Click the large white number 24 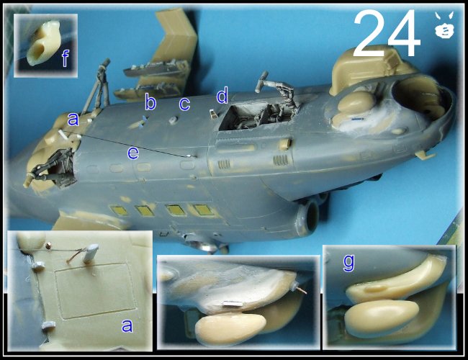(x=387, y=33)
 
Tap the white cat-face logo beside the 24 (x=444, y=26)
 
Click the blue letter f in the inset (x=66, y=58)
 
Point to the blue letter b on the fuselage (x=150, y=102)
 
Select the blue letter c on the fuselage (x=184, y=104)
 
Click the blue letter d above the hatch (x=222, y=95)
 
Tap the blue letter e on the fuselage (x=133, y=153)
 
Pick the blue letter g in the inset (x=349, y=263)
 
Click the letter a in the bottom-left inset (x=127, y=325)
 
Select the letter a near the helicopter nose (x=73, y=119)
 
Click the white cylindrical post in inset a (x=91, y=253)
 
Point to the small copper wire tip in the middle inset (x=303, y=290)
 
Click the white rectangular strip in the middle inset (x=233, y=304)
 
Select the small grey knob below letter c (x=173, y=120)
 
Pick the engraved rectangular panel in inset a (x=95, y=290)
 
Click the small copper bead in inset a (x=48, y=246)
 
